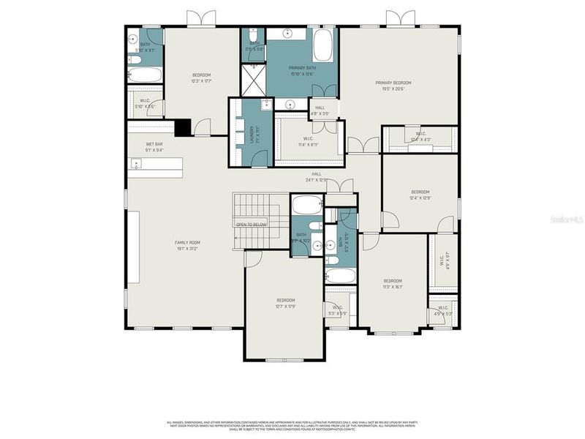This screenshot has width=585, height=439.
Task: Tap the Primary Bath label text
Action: pyautogui.click(x=301, y=70)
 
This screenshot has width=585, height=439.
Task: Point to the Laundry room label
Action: pyautogui.click(x=251, y=135)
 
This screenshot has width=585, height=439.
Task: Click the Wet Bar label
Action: pyautogui.click(x=154, y=146)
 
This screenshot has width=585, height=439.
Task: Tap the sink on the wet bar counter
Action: pyautogui.click(x=136, y=164)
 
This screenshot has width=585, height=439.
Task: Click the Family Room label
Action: pyautogui.click(x=187, y=245)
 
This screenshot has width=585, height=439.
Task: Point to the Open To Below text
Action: pyautogui.click(x=251, y=224)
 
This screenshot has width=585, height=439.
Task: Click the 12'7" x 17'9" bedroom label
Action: pyautogui.click(x=285, y=303)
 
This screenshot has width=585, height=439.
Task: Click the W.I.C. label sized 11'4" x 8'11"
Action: pyautogui.click(x=307, y=142)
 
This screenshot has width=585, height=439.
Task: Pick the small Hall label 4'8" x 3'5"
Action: pyautogui.click(x=320, y=111)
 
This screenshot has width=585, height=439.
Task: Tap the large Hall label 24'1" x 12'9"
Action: pyautogui.click(x=317, y=176)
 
